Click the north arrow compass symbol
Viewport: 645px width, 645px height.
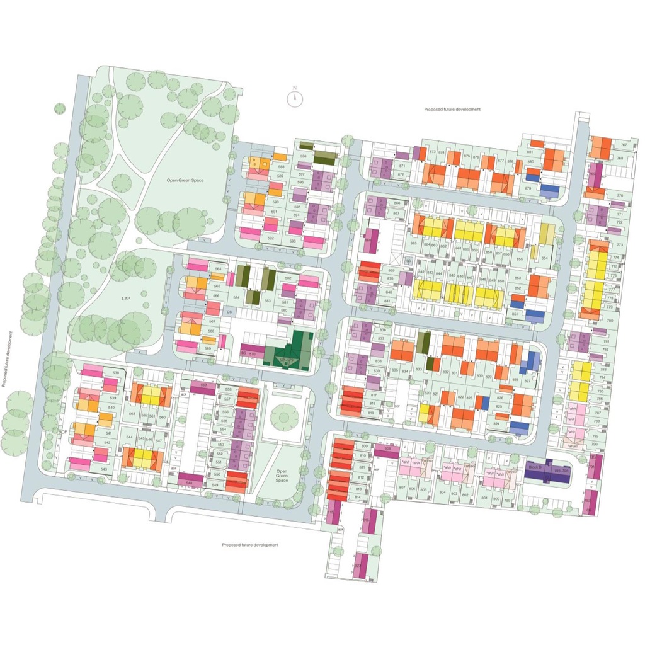(294, 98)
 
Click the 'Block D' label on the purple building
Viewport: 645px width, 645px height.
(535, 469)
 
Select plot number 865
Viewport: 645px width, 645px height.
(414, 243)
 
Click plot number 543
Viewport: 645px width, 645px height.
(104, 470)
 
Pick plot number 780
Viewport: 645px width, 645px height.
(609, 321)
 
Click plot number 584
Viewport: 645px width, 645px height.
(237, 297)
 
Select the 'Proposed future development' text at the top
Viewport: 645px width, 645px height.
(452, 110)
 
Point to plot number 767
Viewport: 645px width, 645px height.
(623, 145)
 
